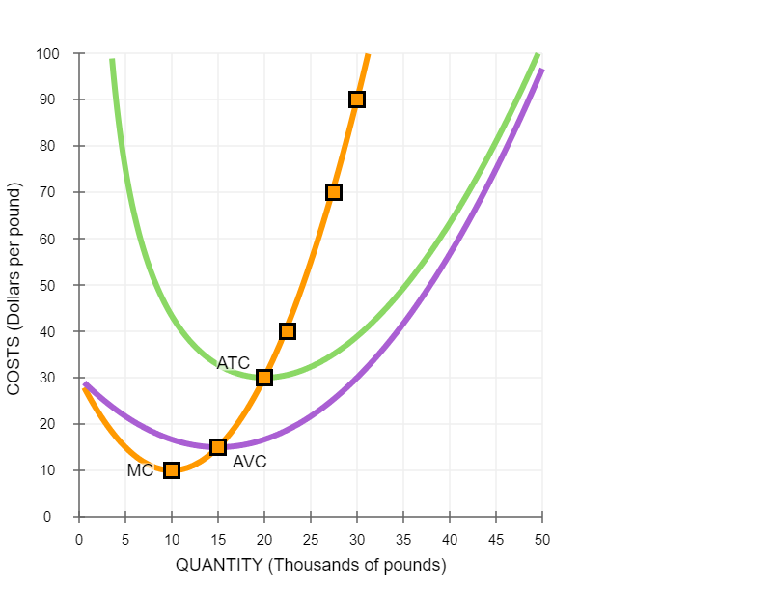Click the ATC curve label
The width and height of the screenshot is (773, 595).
[x=233, y=363]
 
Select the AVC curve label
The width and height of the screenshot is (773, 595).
[x=249, y=463]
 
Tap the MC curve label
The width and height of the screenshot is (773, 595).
[x=140, y=470]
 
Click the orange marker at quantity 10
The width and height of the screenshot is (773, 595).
[x=172, y=470]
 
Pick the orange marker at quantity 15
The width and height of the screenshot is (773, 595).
[x=218, y=447]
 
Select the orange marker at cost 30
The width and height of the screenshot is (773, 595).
[x=264, y=378]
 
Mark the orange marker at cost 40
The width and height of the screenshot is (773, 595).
[x=288, y=331]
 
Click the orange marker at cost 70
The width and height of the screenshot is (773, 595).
[x=334, y=192]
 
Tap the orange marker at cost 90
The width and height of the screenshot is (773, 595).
[x=357, y=99]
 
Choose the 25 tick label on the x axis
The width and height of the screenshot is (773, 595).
[x=311, y=539]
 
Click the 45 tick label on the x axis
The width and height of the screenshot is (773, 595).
[x=496, y=539]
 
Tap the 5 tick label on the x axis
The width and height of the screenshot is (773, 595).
[x=125, y=539]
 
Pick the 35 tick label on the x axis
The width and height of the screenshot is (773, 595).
[x=403, y=539]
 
